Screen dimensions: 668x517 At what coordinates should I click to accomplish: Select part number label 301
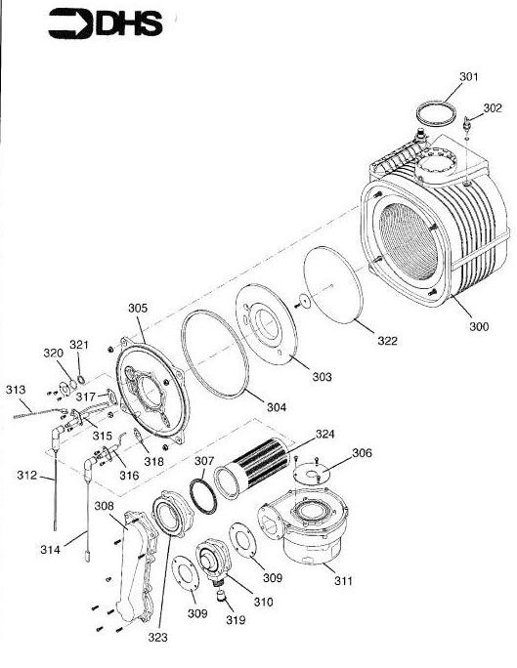(470, 76)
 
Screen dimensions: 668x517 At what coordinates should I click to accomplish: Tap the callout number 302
(493, 108)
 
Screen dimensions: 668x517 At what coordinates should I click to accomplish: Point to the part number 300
(478, 326)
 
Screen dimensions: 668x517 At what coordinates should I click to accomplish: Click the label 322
(387, 340)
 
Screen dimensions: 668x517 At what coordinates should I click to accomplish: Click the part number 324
(324, 434)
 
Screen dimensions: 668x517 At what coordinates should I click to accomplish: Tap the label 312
(26, 477)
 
